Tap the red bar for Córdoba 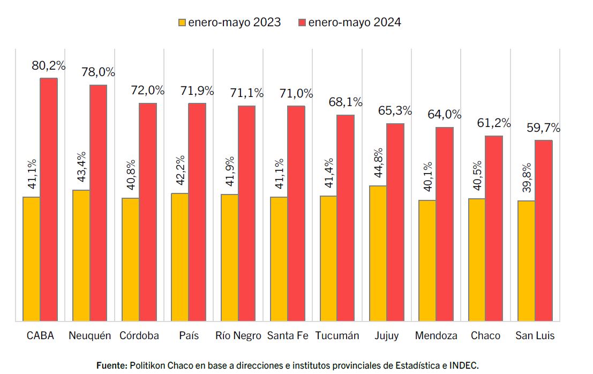(x=148, y=212)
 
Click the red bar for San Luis (x=544, y=230)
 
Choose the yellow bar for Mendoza (x=427, y=260)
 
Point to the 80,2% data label (x=49, y=66)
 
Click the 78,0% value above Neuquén (x=98, y=72)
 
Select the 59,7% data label (x=544, y=128)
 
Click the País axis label (x=189, y=336)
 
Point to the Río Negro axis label (x=238, y=336)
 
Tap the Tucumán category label (x=337, y=336)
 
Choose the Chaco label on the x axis (x=485, y=336)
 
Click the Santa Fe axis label (x=288, y=336)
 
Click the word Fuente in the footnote (x=112, y=365)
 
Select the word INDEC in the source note (x=464, y=365)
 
